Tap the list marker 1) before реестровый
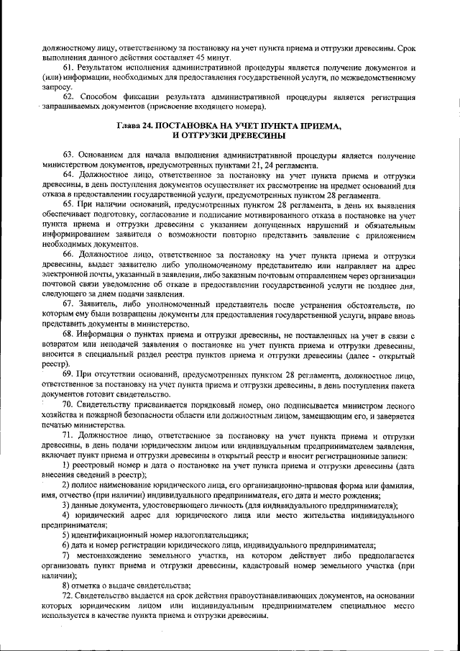66,465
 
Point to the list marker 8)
66,586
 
